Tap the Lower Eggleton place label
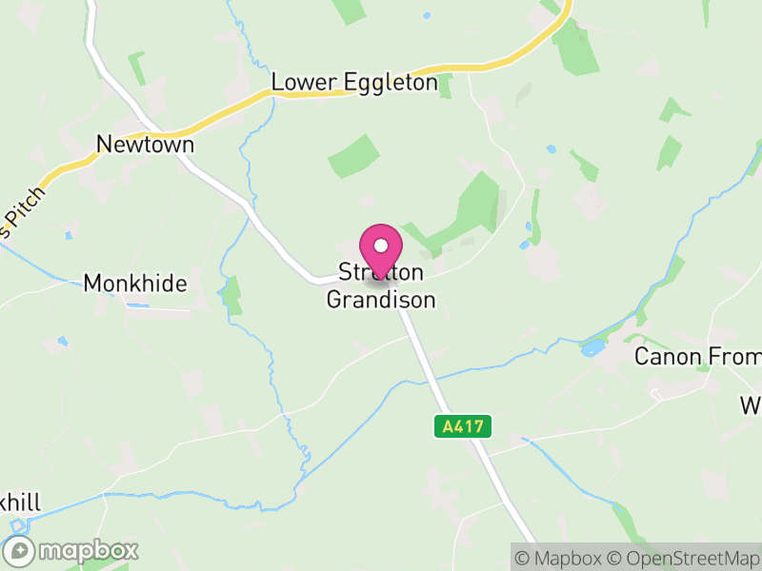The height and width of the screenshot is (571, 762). [x=354, y=83]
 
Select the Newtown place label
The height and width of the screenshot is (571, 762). [x=145, y=145]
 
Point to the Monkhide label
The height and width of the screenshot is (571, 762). [x=135, y=283]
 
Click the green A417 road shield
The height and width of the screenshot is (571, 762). [x=465, y=426]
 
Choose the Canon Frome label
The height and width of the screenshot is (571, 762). [x=698, y=357]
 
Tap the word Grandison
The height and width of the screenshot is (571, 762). [x=381, y=300]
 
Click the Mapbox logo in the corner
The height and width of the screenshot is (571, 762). [x=71, y=550]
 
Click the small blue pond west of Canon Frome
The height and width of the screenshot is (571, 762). [x=592, y=348]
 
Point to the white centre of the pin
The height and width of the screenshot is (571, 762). [x=381, y=246]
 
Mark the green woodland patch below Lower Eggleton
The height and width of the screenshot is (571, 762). [x=353, y=155]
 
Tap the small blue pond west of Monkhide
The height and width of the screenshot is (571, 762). [x=63, y=340]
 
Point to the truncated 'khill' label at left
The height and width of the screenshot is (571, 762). [x=20, y=502]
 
